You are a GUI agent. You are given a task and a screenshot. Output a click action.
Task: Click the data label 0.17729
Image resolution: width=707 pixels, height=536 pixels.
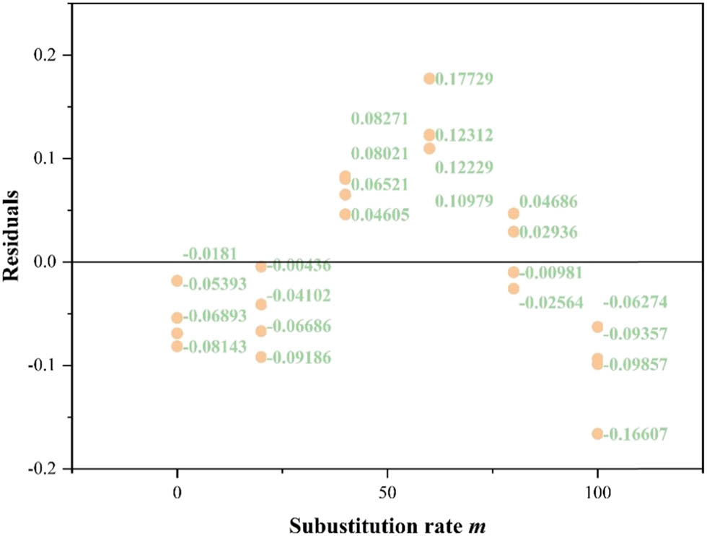465,79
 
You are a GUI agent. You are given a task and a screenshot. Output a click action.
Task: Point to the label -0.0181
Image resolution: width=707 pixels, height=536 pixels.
209,254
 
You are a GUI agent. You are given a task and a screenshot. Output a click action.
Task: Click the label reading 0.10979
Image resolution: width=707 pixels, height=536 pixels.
465,202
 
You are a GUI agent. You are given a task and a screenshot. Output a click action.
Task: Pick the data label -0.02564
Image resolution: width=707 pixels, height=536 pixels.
550,303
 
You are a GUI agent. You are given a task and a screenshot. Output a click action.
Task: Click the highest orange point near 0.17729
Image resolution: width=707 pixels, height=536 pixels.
429,79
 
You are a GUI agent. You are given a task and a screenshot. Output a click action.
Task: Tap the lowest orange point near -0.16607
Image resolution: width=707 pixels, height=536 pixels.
597,434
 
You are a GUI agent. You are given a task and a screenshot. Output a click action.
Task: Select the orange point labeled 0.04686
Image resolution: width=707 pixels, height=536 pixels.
514,214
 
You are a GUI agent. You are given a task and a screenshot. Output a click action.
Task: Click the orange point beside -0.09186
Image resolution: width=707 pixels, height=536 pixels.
261,358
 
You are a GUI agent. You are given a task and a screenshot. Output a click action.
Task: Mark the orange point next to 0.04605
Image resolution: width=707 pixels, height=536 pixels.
345,215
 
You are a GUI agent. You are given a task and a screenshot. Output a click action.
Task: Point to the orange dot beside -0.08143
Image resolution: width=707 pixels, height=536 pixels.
177,347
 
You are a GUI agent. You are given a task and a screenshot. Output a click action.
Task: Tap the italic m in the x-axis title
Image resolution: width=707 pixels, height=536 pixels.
478,524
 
